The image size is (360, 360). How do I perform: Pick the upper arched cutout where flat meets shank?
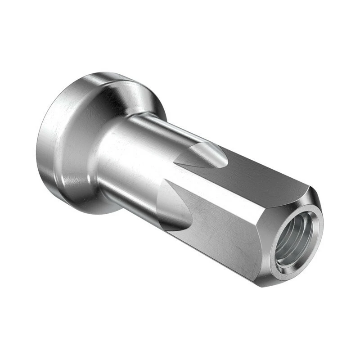pos(202,155)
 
